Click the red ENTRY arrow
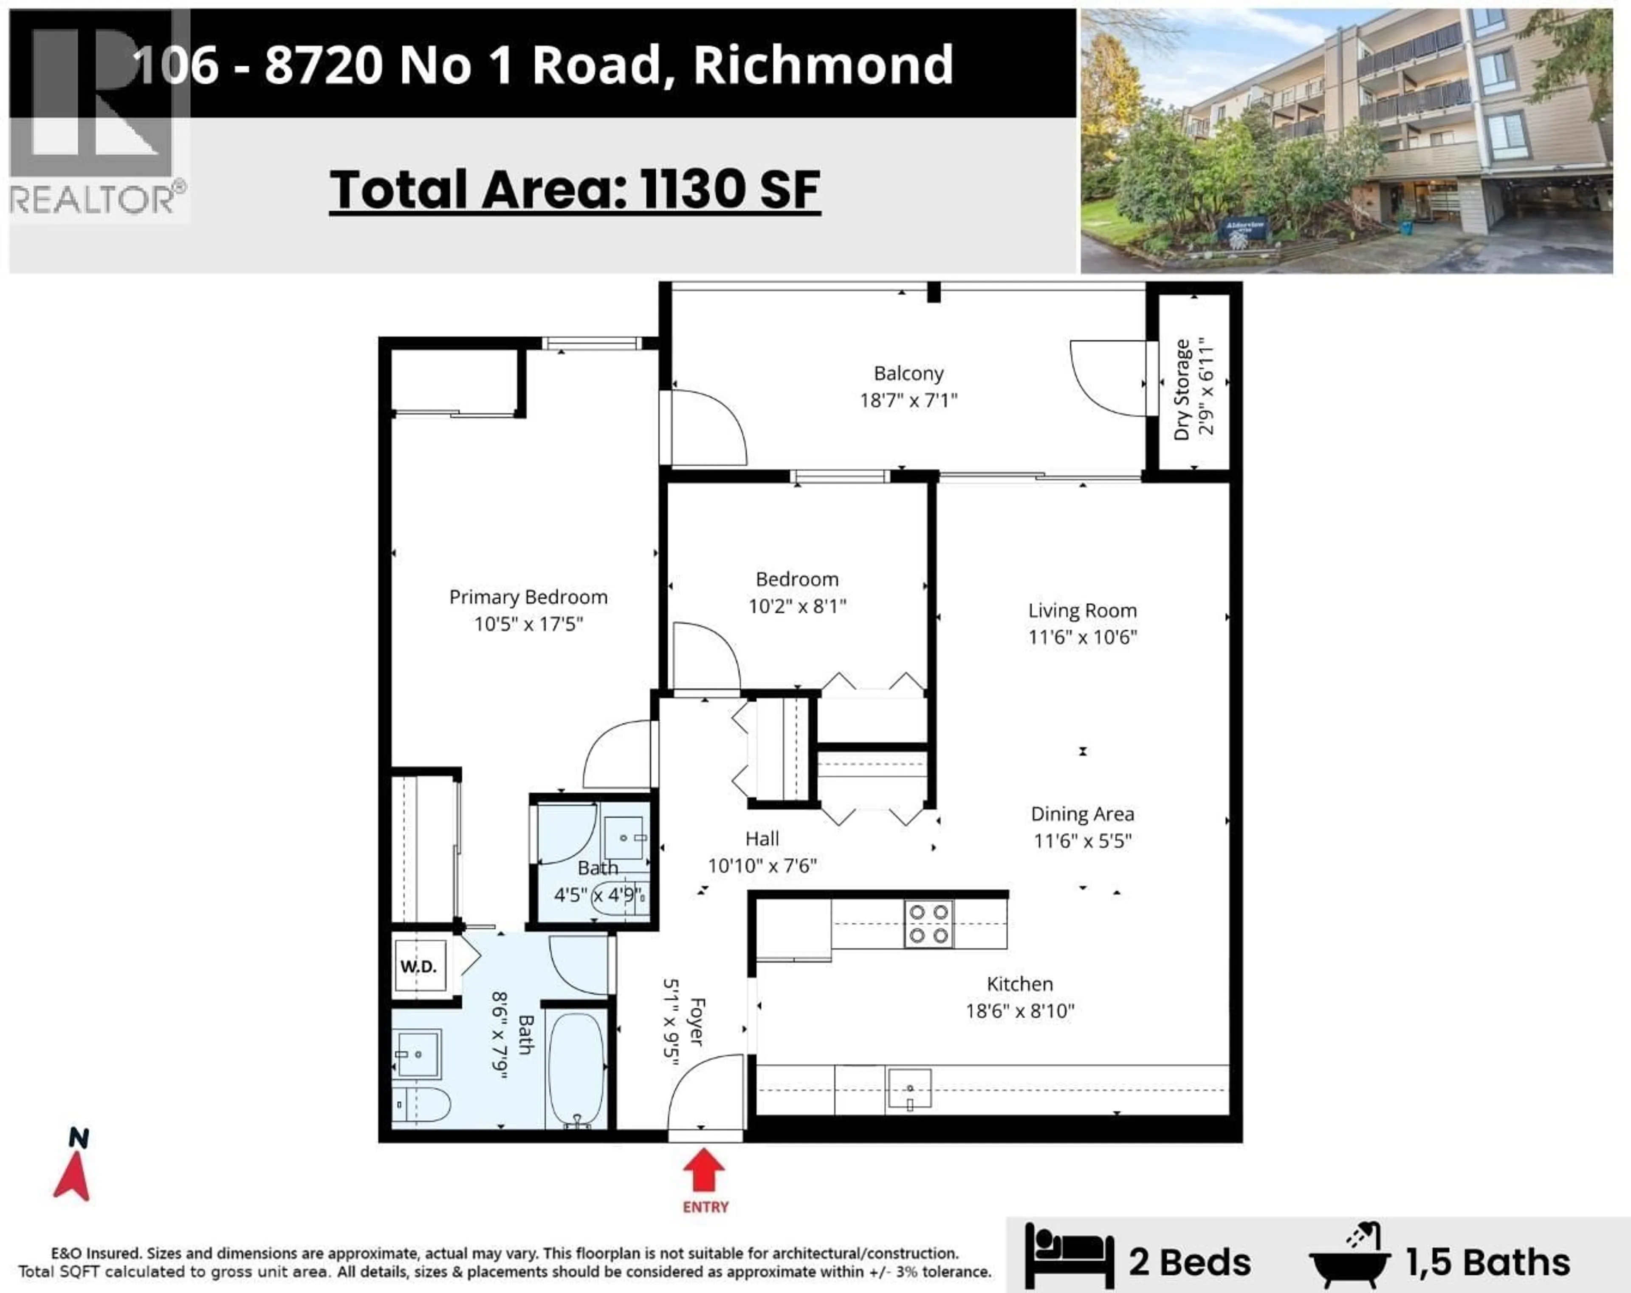click(x=704, y=1171)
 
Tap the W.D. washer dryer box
click(x=418, y=966)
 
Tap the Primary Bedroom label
click(x=528, y=597)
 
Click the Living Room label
click(x=1082, y=611)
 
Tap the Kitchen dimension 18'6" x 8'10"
click(x=1020, y=1011)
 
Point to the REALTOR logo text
click(x=91, y=200)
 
